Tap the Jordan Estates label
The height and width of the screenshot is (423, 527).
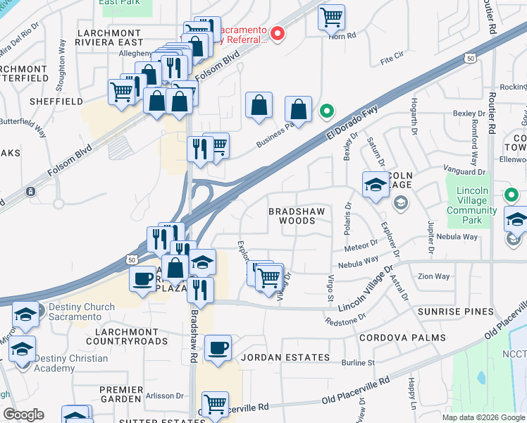(285, 357)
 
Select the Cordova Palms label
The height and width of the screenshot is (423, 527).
(402, 338)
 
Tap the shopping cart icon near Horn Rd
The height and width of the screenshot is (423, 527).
(331, 17)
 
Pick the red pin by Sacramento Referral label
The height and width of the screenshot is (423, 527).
(278, 32)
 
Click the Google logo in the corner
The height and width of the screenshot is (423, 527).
(24, 415)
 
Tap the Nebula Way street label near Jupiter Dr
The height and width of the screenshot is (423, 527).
(457, 237)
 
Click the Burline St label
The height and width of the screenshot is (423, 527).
(359, 363)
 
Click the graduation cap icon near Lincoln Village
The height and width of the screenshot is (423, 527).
(376, 185)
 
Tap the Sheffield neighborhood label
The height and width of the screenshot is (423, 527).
(51, 102)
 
